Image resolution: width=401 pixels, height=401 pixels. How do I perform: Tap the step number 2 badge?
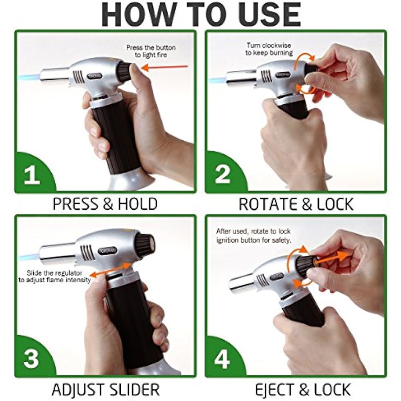(x=222, y=174)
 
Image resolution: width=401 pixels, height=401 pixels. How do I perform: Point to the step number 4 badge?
(x=222, y=358)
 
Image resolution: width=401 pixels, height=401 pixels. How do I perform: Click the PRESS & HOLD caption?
(x=105, y=204)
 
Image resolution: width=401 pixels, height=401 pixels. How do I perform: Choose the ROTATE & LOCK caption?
(x=296, y=204)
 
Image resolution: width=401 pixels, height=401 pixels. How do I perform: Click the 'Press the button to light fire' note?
(x=151, y=51)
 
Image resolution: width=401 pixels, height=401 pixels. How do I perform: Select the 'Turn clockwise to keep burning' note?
(x=269, y=49)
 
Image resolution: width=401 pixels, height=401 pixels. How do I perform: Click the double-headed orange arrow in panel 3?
(x=110, y=270)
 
